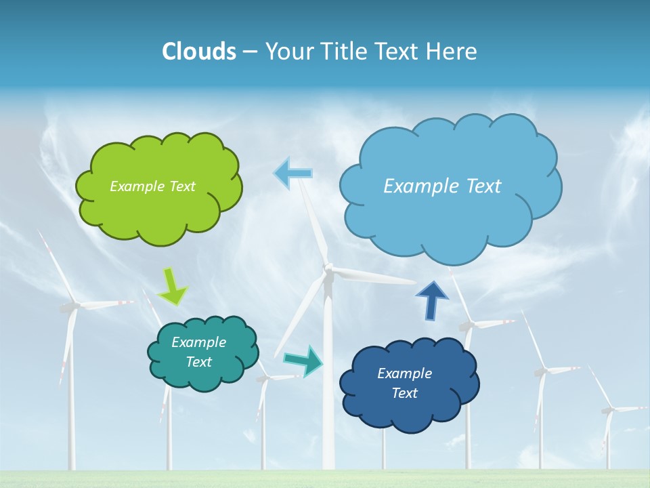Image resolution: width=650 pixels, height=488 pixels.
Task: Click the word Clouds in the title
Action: point(199,52)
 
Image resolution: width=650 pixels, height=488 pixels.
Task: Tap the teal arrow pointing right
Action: point(303,361)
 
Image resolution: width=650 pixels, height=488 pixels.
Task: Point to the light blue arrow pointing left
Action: point(293,174)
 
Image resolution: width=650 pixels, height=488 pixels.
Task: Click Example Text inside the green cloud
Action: point(152,186)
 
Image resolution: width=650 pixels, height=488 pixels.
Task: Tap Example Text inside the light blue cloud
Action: point(442,186)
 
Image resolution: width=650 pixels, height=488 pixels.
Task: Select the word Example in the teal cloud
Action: point(198,342)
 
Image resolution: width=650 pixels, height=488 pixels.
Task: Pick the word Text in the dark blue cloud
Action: point(404,393)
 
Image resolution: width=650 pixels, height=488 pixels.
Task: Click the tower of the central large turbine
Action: point(328,380)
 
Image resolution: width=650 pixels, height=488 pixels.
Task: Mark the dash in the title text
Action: point(250,52)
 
